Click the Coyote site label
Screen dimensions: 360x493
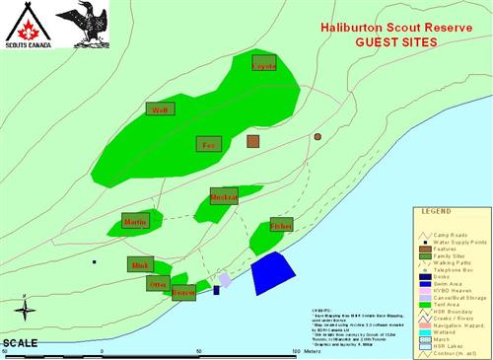click(x=264, y=66)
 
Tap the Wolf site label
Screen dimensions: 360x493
click(x=160, y=109)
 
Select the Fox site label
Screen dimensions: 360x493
click(x=208, y=144)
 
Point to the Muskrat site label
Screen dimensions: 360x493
click(x=224, y=195)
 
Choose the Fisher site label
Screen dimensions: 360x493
click(x=281, y=226)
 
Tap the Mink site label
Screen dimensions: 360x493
click(x=140, y=264)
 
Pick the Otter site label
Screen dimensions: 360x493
click(x=158, y=283)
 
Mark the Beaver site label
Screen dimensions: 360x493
click(x=183, y=293)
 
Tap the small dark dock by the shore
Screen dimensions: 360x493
click(x=217, y=290)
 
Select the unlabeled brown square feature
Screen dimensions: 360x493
click(x=253, y=142)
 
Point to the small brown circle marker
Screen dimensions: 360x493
click(x=317, y=136)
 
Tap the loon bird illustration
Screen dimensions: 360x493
click(x=81, y=24)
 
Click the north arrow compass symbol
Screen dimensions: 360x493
click(x=27, y=311)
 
